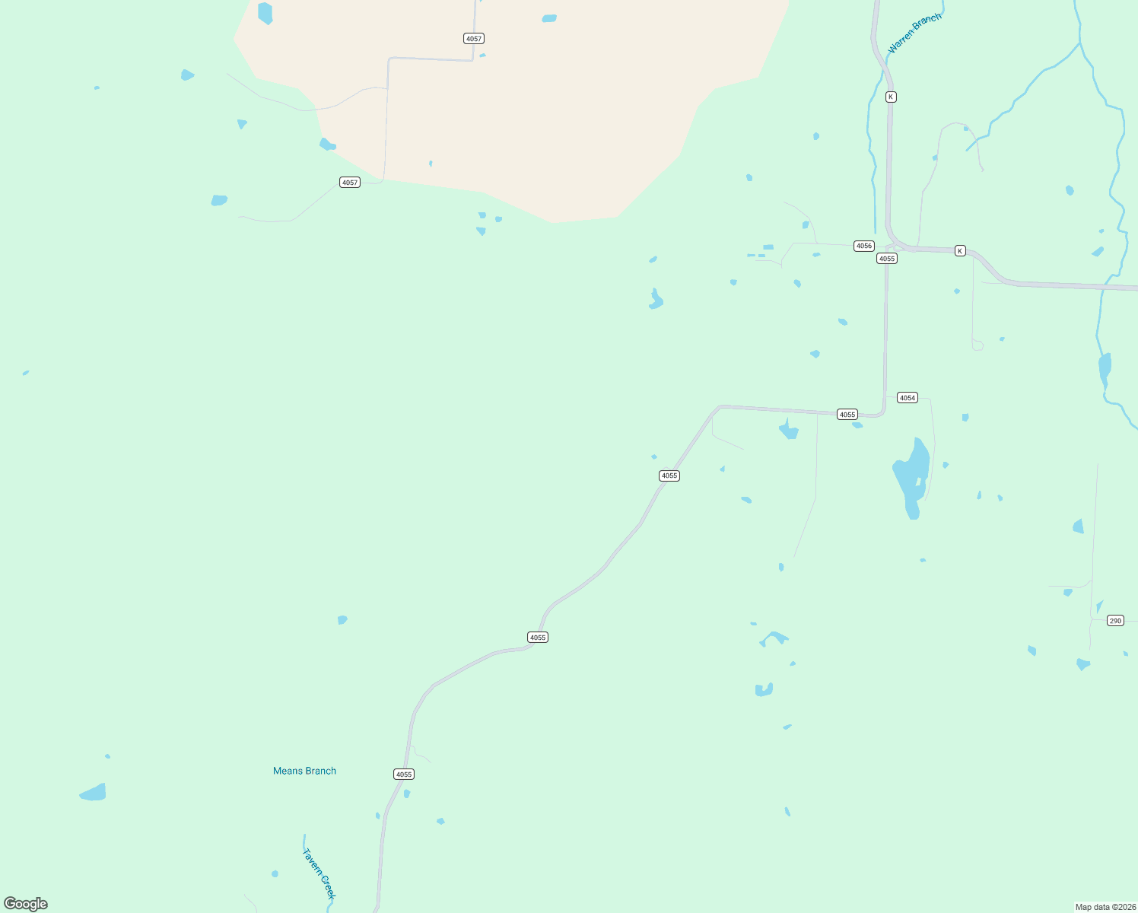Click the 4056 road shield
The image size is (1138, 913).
(x=864, y=246)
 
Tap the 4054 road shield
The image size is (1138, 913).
(x=908, y=398)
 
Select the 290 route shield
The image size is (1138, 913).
(x=1115, y=621)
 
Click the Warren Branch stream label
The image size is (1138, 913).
(x=914, y=33)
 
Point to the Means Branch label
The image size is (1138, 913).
(x=304, y=771)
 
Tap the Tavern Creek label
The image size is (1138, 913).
(x=319, y=873)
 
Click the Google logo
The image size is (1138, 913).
(x=26, y=904)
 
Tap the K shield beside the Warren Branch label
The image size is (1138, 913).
(x=891, y=97)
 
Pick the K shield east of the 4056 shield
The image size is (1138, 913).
(x=960, y=251)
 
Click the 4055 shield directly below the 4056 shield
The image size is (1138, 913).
(x=887, y=259)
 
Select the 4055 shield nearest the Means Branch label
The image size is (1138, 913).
(x=404, y=775)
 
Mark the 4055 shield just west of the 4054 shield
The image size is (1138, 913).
(x=847, y=415)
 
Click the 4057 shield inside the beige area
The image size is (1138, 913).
(x=474, y=39)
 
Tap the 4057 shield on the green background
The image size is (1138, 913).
(x=350, y=183)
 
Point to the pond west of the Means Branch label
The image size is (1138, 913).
(x=94, y=793)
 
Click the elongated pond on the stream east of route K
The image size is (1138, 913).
(x=1105, y=370)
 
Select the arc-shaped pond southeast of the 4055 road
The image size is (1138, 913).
(x=775, y=637)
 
